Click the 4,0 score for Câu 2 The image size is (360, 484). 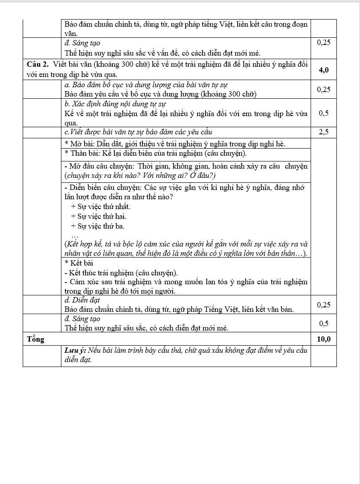click(x=324, y=70)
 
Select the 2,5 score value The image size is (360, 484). click(x=324, y=132)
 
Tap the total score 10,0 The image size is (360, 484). click(x=324, y=339)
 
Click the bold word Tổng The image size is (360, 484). click(x=36, y=339)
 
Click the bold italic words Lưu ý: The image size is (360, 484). click(x=75, y=350)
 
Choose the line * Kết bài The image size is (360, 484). click(x=79, y=263)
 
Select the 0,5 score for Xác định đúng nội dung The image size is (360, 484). click(x=324, y=113)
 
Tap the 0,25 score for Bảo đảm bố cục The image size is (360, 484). click(x=324, y=89)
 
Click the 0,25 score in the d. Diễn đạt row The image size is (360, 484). click(x=324, y=305)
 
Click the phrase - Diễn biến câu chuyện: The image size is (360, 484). click(x=104, y=188)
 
